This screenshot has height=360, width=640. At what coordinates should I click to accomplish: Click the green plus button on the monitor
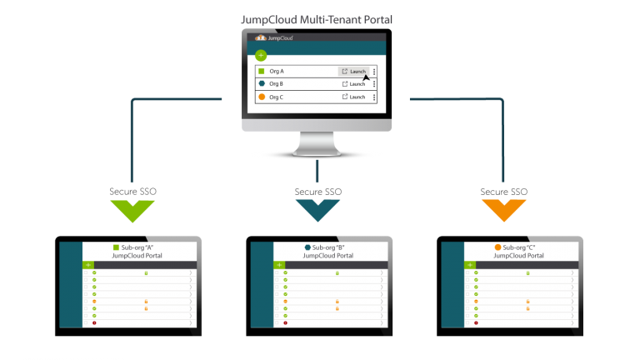pos(261,56)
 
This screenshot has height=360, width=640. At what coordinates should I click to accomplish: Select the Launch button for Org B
pos(354,84)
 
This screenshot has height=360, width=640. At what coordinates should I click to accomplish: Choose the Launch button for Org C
pos(354,97)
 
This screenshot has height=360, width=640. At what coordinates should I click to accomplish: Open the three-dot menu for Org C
pos(375,97)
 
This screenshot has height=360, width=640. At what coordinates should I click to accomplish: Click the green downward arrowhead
pos(131,209)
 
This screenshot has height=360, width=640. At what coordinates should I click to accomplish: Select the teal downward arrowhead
pos(317,209)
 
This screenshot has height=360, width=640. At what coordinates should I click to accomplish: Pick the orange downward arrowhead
pos(504,209)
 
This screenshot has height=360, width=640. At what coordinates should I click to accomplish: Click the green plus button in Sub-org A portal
pos(88,265)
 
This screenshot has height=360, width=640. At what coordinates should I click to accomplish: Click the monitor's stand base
pos(317,152)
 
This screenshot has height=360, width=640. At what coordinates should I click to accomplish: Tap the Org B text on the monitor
pos(277,84)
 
